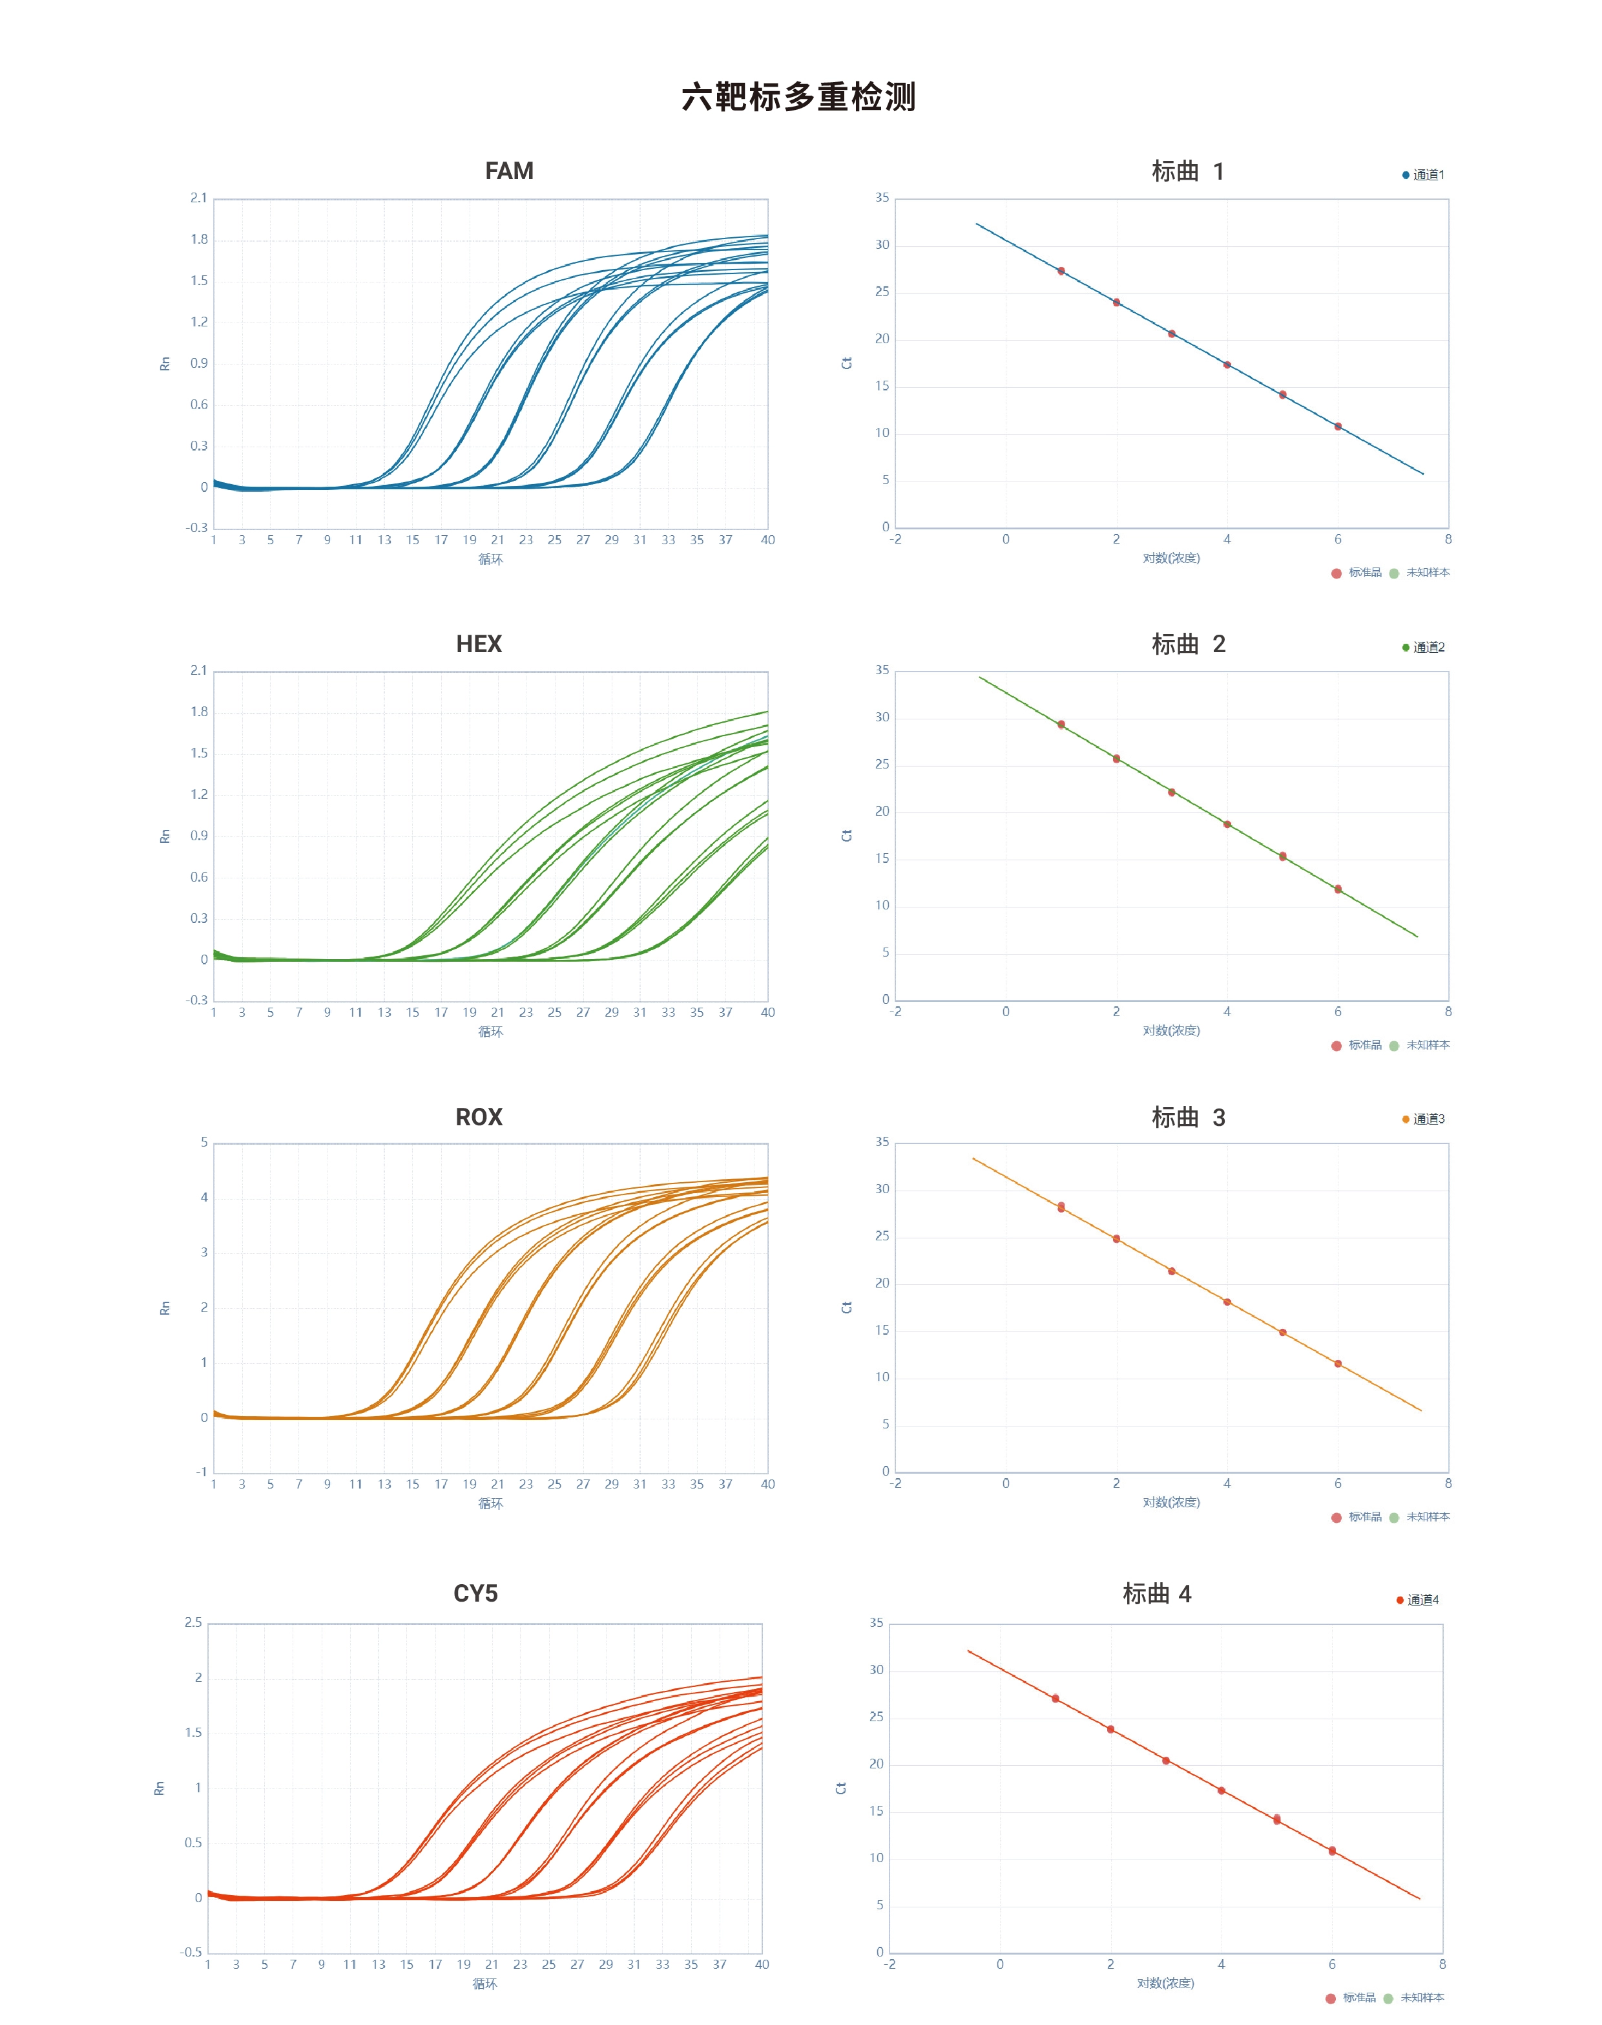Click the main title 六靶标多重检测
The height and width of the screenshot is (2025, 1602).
tap(798, 97)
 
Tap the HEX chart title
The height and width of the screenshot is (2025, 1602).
tap(479, 644)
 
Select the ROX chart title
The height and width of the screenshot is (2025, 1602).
tap(479, 1117)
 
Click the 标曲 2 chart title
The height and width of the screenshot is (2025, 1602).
tap(1189, 644)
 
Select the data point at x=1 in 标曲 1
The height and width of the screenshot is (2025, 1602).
tap(1061, 271)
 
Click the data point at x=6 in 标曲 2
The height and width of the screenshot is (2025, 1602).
tap(1338, 889)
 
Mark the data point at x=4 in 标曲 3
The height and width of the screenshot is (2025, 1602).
tap(1227, 1302)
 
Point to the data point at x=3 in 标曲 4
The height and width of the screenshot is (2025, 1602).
tap(1166, 1761)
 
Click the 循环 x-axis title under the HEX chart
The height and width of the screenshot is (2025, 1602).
tap(490, 1032)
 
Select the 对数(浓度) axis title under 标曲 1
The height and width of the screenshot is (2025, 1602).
tap(1170, 558)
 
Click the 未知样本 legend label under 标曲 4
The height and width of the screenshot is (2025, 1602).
tap(1422, 1998)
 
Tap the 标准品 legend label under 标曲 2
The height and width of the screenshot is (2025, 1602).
tap(1365, 1044)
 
